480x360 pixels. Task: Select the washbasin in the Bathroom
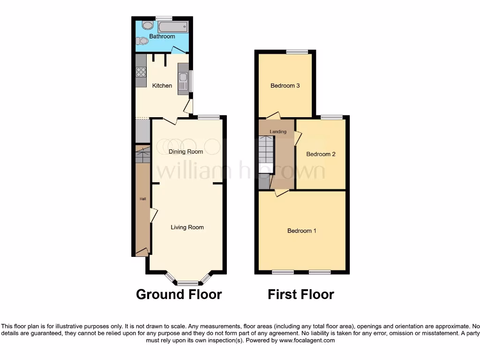pyautogui.click(x=147, y=25)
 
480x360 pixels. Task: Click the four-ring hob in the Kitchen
pyautogui.click(x=141, y=72)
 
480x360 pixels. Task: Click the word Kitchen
pyautogui.click(x=162, y=86)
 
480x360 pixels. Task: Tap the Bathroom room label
pyautogui.click(x=162, y=37)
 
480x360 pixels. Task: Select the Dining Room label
pyautogui.click(x=186, y=151)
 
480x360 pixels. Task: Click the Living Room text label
pyautogui.click(x=187, y=227)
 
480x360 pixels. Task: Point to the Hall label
pyautogui.click(x=143, y=199)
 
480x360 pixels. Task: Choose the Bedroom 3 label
pyautogui.click(x=285, y=86)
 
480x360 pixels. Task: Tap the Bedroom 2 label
pyautogui.click(x=321, y=154)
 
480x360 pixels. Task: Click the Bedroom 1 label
pyautogui.click(x=302, y=231)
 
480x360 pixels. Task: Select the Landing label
pyautogui.click(x=278, y=132)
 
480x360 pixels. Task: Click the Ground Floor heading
pyautogui.click(x=179, y=294)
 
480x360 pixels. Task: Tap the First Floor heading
pyautogui.click(x=300, y=294)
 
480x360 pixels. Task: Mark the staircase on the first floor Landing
pyautogui.click(x=266, y=149)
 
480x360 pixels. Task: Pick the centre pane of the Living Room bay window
pyautogui.click(x=187, y=283)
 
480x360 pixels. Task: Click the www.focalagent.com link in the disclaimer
pyautogui.click(x=307, y=340)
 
